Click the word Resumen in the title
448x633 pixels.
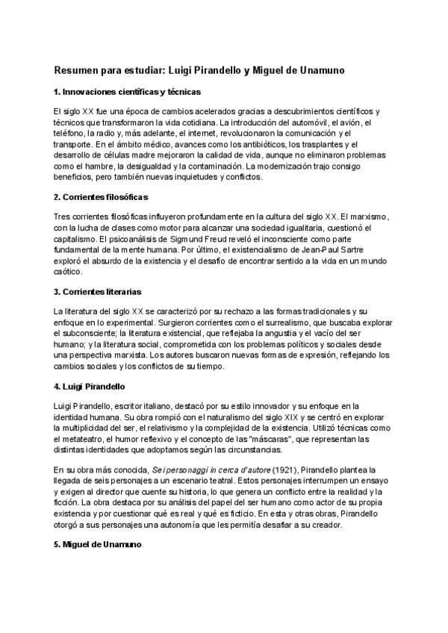click(78, 69)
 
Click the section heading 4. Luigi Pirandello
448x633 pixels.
click(89, 387)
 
